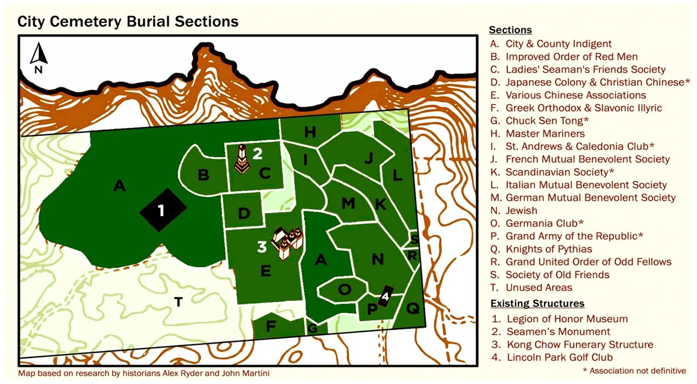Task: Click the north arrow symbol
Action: [38, 58]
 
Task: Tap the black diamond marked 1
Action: [162, 210]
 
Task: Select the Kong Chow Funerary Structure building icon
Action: [288, 243]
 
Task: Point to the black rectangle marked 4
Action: [386, 296]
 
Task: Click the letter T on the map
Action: [178, 302]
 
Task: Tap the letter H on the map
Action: [310, 132]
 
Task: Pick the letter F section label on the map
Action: [270, 326]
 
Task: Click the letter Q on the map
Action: [413, 309]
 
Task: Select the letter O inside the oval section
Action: [344, 289]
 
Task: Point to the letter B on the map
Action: [203, 175]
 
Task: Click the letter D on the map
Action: [244, 213]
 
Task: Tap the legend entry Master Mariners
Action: [545, 133]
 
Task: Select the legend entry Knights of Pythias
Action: [549, 249]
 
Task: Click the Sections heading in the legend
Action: [510, 30]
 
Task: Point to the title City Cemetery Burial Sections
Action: [128, 22]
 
